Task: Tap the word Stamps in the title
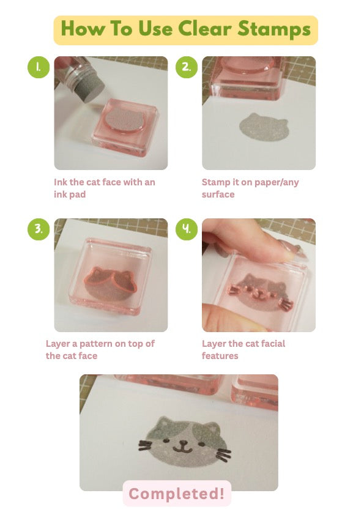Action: (274, 29)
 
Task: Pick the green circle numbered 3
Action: (39, 229)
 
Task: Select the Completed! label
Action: (177, 494)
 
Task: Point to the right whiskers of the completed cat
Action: (221, 452)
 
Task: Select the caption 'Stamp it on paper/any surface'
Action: (250, 188)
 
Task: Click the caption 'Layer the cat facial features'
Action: (243, 349)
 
